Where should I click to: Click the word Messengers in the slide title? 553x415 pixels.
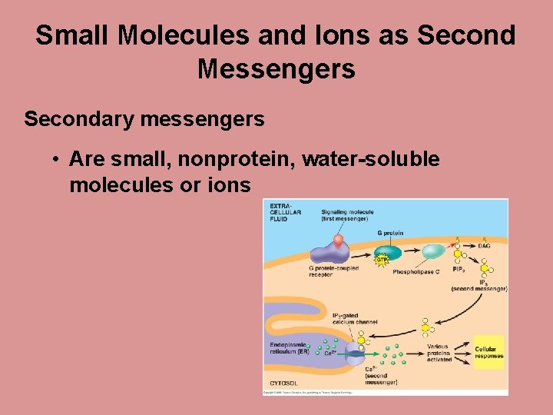point(276,69)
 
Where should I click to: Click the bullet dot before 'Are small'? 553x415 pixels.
point(57,160)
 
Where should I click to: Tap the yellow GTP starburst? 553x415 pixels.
point(382,260)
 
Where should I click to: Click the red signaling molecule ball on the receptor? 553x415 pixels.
point(338,240)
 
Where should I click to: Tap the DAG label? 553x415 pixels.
point(485,245)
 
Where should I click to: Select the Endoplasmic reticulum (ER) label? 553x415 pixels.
point(289,348)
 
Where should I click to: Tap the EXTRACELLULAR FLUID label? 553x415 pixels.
point(285,211)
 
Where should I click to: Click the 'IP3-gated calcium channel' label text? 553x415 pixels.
point(354,319)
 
